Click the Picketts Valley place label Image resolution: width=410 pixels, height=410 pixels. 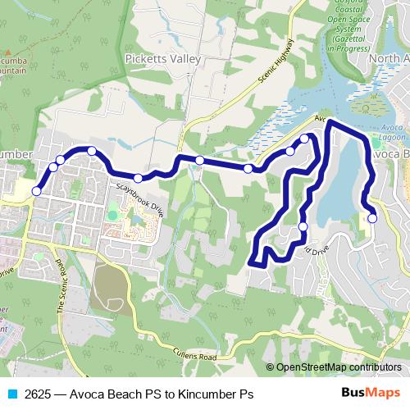click(x=162, y=58)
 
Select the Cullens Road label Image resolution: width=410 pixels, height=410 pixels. click(x=194, y=356)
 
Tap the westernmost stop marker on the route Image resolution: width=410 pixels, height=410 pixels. click(x=36, y=191)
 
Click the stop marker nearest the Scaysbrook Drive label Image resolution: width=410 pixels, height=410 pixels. click(x=138, y=178)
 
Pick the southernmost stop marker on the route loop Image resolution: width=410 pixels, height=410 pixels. click(x=303, y=226)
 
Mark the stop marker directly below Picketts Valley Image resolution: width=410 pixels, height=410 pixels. click(x=199, y=160)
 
